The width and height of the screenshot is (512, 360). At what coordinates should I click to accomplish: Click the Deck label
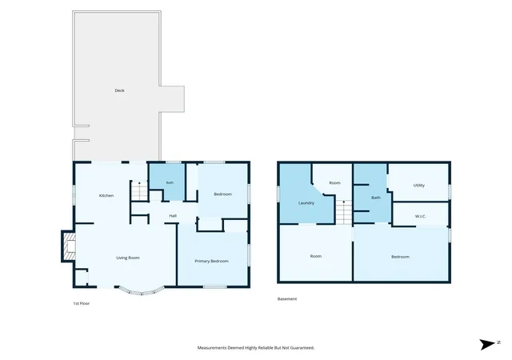point(119,90)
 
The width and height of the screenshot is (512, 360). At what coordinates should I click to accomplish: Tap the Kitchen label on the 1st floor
point(106,196)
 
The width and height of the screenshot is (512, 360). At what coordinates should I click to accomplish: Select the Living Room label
point(128,258)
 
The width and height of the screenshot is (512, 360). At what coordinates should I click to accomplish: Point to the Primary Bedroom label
point(211,261)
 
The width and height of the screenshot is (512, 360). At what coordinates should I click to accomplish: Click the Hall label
point(173,216)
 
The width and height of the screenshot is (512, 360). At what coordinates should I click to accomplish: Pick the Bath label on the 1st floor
point(170,182)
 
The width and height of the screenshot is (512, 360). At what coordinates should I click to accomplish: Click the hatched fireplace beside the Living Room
point(69,246)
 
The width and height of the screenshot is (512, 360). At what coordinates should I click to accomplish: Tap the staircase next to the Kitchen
point(139,190)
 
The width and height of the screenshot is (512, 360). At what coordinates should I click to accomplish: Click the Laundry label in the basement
point(306,203)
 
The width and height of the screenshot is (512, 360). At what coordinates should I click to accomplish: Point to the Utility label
point(419,186)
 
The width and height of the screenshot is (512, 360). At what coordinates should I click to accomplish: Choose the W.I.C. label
point(421,216)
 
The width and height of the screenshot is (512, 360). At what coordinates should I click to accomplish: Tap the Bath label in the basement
point(376,198)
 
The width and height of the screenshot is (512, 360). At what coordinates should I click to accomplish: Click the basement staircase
point(343,212)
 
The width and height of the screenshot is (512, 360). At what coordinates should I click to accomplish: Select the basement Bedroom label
point(400,257)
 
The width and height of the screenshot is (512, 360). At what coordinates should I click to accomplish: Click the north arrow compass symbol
point(487,344)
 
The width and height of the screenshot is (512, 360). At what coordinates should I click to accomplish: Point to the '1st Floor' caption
point(82,303)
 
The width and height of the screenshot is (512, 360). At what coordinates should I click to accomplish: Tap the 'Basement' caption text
point(287,299)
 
